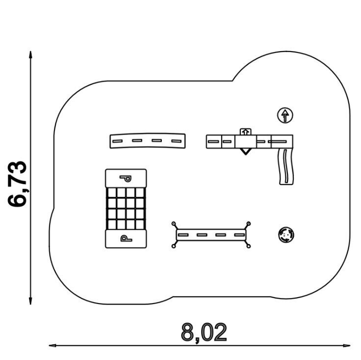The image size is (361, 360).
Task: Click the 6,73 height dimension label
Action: pyautogui.click(x=17, y=184)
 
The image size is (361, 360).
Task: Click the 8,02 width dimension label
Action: pyautogui.click(x=204, y=332)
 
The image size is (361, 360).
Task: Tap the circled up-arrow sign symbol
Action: pyautogui.click(x=285, y=115)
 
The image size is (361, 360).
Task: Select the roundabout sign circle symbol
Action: pyautogui.click(x=286, y=235)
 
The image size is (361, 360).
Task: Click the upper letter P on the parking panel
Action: pyautogui.click(x=126, y=178)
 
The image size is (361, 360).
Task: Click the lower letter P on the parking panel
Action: pyautogui.click(x=126, y=238)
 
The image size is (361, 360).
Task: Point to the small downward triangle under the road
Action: pyautogui.click(x=245, y=151)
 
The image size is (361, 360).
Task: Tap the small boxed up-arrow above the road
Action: pyautogui.click(x=246, y=132)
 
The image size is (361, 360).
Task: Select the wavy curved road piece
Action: pyautogui.click(x=286, y=166)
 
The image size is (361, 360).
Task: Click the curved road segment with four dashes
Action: pyautogui.click(x=148, y=140)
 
